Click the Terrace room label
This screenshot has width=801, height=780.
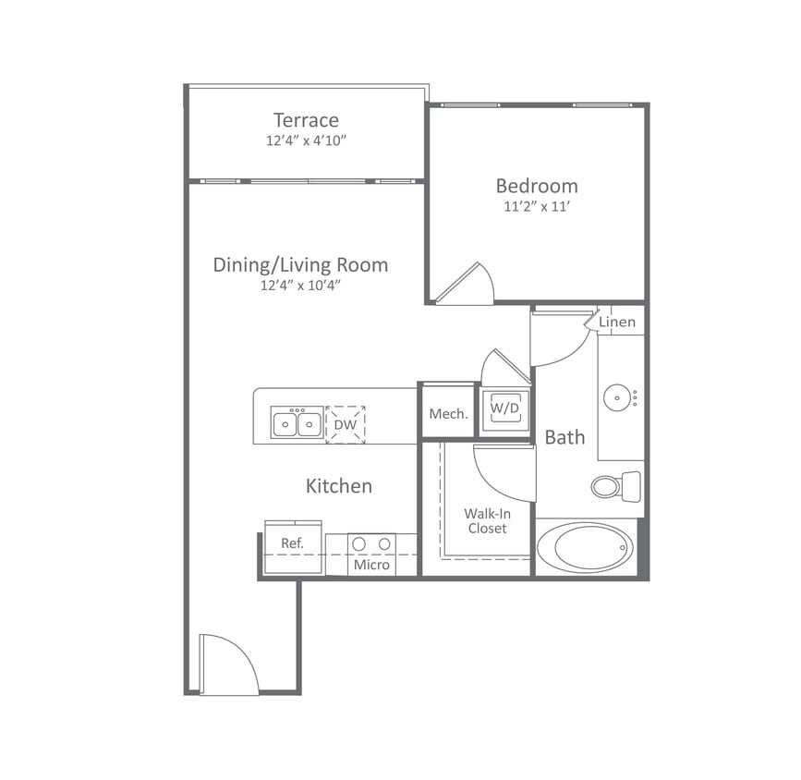(306, 120)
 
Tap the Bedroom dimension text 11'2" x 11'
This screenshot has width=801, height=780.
(537, 207)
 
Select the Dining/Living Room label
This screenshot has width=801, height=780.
(300, 265)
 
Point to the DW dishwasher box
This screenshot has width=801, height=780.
(346, 424)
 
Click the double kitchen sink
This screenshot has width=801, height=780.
(297, 423)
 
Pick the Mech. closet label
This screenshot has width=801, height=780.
(448, 413)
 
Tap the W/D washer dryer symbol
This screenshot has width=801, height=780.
(504, 408)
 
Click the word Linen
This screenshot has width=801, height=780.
(616, 322)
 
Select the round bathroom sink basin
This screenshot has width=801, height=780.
(616, 398)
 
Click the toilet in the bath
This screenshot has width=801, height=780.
(614, 485)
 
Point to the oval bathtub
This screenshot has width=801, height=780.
(586, 548)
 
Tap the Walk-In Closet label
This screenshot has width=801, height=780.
(486, 520)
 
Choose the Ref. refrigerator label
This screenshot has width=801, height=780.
(292, 543)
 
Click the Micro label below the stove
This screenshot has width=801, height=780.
(372, 565)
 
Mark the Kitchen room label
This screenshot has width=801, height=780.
(339, 485)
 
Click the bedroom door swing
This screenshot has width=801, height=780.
(469, 286)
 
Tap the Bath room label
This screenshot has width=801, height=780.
(564, 437)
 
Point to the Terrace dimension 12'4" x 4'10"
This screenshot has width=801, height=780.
(306, 141)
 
